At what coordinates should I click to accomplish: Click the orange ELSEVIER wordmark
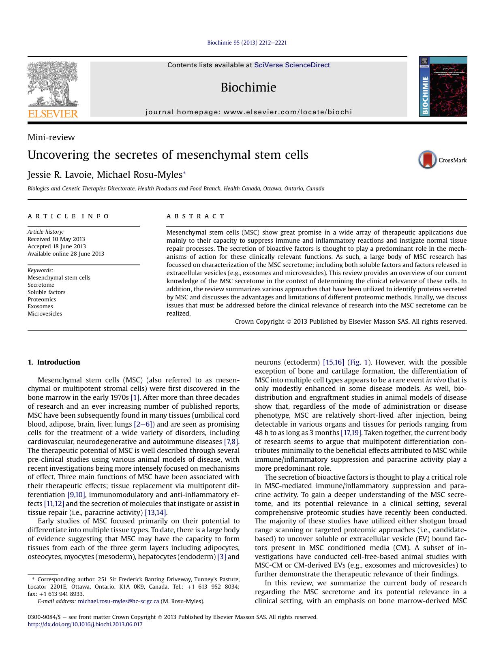pos(53,114)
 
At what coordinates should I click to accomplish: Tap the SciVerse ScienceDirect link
pos(292,65)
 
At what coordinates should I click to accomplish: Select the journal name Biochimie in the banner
pos(248,87)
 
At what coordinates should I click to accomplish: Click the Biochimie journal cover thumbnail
pos(443,87)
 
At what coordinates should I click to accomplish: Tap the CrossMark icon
pos(428,160)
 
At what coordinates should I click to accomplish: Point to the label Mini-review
pos(51,137)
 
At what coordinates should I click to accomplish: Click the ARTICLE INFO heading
pos(68,216)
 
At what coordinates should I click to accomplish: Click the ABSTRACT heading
pos(195,216)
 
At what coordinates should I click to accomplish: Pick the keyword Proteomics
pos(42,299)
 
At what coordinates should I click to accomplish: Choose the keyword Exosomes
pos(40,306)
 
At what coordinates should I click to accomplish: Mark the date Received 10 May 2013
pos(56,239)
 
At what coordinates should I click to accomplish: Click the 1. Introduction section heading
pos(54,362)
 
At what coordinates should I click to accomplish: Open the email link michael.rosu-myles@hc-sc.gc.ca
pos(118,601)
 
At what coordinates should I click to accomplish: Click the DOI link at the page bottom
pos(85,624)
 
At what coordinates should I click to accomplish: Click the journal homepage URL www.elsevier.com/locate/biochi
pos(287,112)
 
